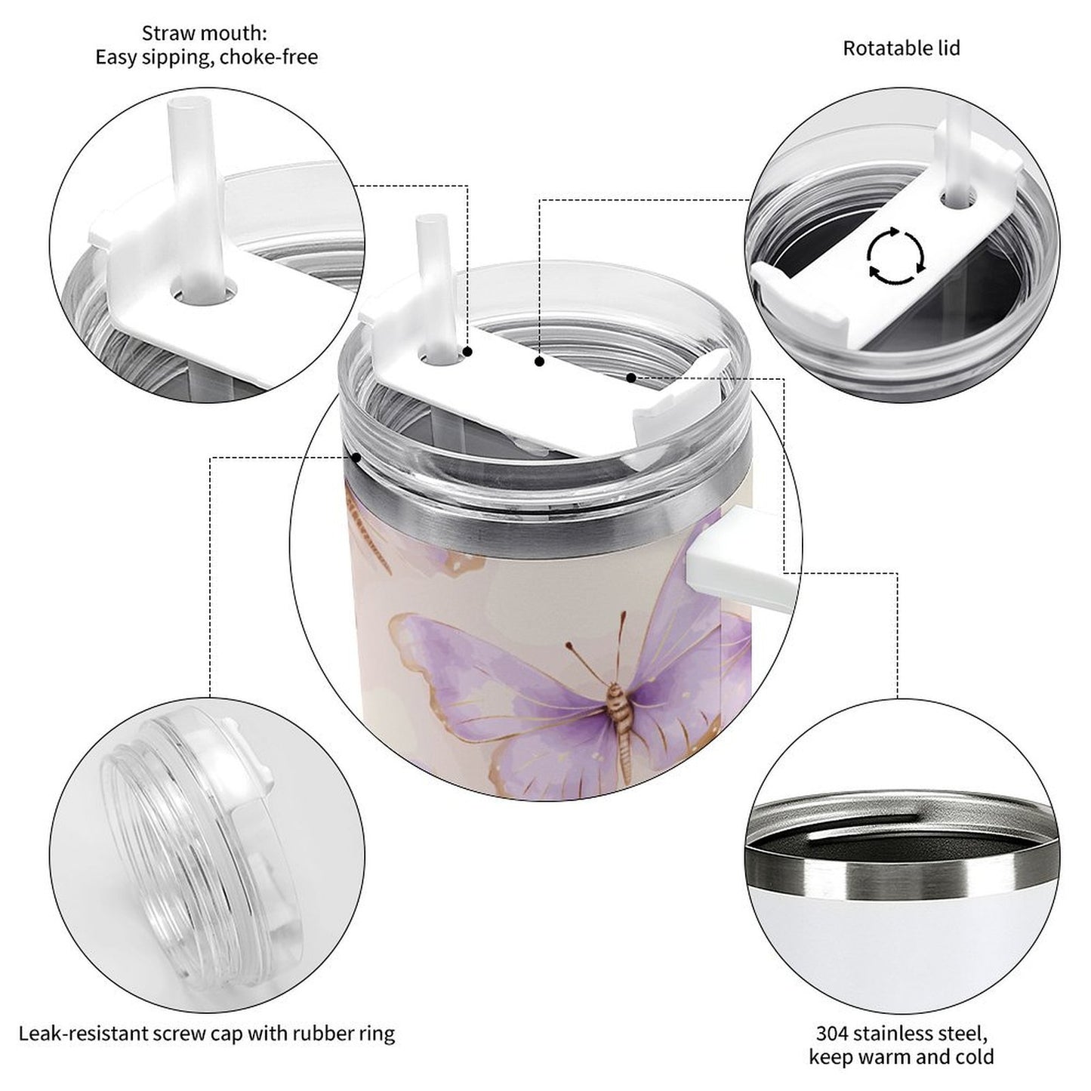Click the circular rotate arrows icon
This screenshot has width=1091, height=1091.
coord(895,255)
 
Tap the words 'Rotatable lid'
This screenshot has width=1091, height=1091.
coord(901,48)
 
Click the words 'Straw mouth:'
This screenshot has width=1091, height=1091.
coord(205,33)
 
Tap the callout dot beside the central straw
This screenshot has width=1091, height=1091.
coord(468,352)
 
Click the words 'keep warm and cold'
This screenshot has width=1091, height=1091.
coord(901,1057)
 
